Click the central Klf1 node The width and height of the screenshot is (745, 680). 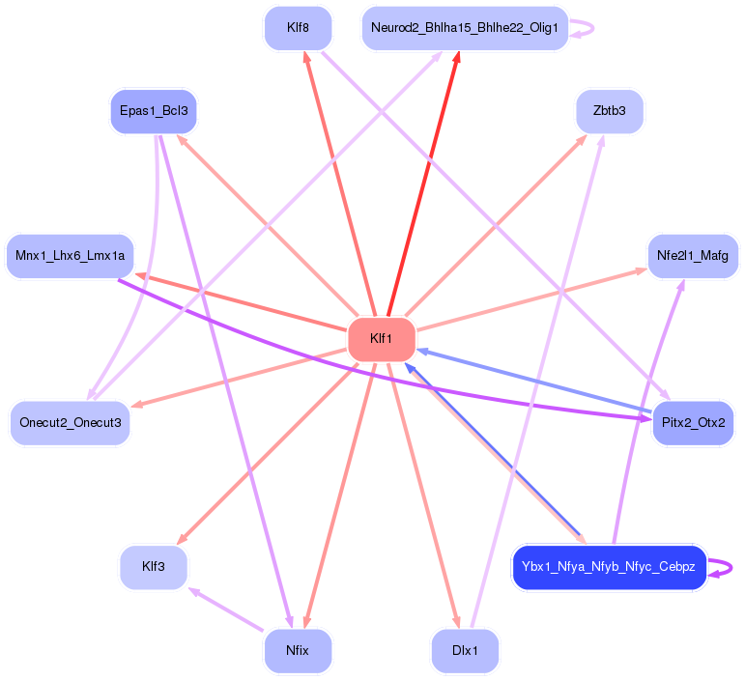tap(381, 339)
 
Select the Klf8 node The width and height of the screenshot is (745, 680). tap(298, 28)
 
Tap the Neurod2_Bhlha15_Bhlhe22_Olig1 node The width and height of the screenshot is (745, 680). tap(464, 28)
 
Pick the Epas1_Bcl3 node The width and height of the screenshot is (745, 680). tap(154, 110)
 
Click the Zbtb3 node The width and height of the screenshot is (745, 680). tap(609, 111)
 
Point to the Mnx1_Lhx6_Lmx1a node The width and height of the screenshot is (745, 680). tap(71, 255)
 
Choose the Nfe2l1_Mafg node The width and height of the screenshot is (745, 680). tap(693, 256)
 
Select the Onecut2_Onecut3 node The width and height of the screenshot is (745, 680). tap(71, 423)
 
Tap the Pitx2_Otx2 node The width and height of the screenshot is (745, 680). tap(693, 423)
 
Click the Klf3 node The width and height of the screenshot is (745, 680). tap(153, 567)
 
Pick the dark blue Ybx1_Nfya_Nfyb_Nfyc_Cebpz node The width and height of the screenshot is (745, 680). tap(608, 567)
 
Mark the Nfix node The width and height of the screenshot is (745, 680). tap(298, 650)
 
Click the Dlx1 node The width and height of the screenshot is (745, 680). tap(465, 650)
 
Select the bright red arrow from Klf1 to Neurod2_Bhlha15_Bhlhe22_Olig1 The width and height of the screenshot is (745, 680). tap(422, 184)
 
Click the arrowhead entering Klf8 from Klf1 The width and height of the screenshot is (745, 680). tap(307, 57)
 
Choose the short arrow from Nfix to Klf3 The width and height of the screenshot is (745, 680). tap(226, 610)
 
